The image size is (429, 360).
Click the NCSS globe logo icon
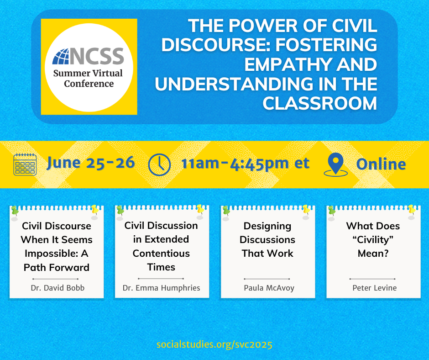[60, 57]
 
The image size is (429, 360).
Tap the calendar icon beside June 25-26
[25, 164]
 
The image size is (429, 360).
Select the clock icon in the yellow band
[159, 164]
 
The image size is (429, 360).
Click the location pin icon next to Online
[336, 164]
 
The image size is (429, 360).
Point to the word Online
[381, 164]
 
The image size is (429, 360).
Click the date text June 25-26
[91, 163]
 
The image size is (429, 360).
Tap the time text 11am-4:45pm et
[245, 164]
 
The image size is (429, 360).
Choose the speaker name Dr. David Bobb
[58, 288]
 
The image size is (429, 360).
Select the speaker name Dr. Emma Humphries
[162, 288]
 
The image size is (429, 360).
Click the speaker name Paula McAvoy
[269, 288]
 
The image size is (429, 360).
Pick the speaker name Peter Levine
[375, 288]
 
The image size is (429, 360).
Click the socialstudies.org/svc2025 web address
[214, 344]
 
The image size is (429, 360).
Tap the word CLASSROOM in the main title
[320, 104]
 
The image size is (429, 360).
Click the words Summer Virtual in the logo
[88, 73]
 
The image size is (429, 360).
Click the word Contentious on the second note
[161, 254]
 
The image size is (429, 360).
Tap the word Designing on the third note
[267, 226]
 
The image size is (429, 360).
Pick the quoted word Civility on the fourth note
[373, 240]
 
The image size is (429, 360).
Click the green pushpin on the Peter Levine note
[332, 211]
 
